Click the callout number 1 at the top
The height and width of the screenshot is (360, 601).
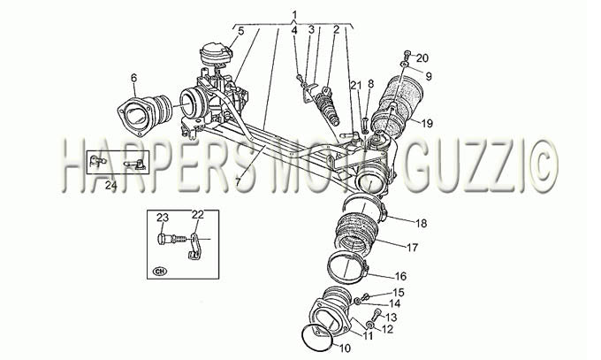point(294,15)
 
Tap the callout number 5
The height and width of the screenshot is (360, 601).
point(240,31)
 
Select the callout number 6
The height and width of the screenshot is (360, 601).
point(133,79)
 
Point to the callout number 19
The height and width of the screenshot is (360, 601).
point(427,124)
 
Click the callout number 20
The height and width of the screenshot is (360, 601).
point(422,58)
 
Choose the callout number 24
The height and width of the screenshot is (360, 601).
point(110,186)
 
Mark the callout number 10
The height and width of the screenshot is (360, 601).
point(345,349)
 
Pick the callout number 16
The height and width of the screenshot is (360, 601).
point(400,276)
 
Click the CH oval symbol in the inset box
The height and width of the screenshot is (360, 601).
point(160,271)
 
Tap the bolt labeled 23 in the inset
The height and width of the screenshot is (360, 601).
point(171,239)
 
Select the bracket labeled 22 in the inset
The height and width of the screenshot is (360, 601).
point(194,246)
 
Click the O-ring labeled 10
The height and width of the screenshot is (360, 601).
point(317,337)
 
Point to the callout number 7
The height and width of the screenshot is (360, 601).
point(239,181)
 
